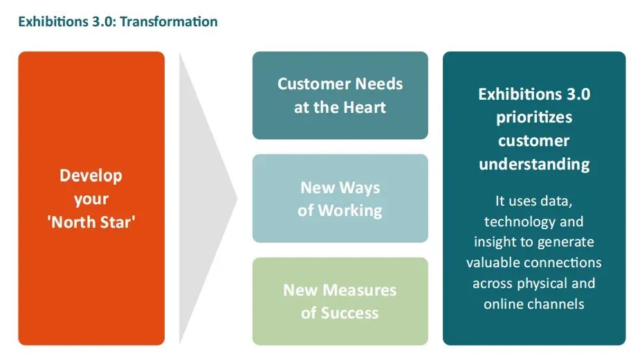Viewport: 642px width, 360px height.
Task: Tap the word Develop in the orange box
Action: [91, 175]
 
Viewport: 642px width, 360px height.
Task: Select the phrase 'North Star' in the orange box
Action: [91, 223]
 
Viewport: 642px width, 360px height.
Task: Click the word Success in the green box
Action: [349, 313]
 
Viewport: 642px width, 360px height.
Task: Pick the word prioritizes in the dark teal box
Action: [534, 117]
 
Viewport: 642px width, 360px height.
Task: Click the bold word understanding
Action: [534, 164]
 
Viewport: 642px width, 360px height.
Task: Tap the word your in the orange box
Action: [91, 199]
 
